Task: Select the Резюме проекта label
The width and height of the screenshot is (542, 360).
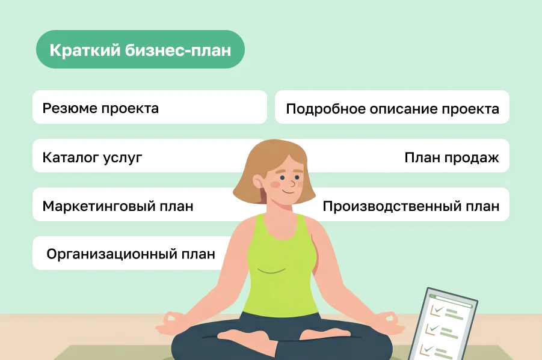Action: pyautogui.click(x=100, y=108)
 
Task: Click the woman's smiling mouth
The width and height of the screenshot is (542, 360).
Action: pyautogui.click(x=288, y=191)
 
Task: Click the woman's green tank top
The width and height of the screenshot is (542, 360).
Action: pyautogui.click(x=282, y=270)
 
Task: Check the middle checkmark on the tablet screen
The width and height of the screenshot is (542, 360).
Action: pyautogui.click(x=431, y=329)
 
